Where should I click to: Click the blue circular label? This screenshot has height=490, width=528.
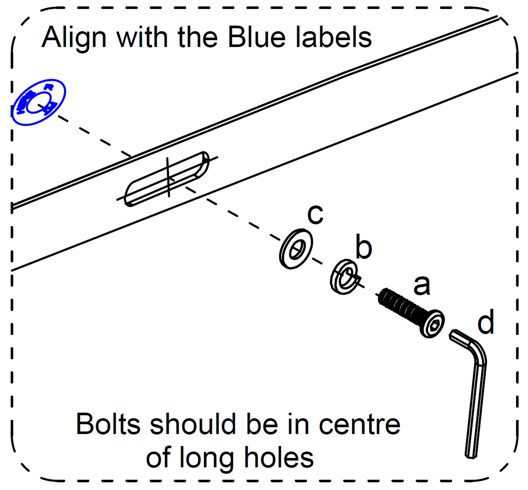pyautogui.click(x=38, y=102)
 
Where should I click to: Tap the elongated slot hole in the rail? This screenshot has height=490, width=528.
pyautogui.click(x=168, y=179)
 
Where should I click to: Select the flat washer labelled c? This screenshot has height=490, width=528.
pyautogui.click(x=296, y=249)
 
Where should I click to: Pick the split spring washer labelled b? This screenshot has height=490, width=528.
pyautogui.click(x=344, y=277)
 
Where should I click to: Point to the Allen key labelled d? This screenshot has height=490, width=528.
pyautogui.click(x=475, y=393)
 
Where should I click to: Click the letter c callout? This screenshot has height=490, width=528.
pyautogui.click(x=315, y=214)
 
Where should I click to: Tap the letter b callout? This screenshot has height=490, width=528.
pyautogui.click(x=364, y=247)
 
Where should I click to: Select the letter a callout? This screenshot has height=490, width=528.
pyautogui.click(x=422, y=285)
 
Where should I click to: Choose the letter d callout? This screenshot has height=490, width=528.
pyautogui.click(x=486, y=322)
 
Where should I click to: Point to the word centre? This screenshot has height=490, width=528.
pyautogui.click(x=360, y=425)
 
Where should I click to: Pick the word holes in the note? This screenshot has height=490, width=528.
pyautogui.click(x=279, y=458)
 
